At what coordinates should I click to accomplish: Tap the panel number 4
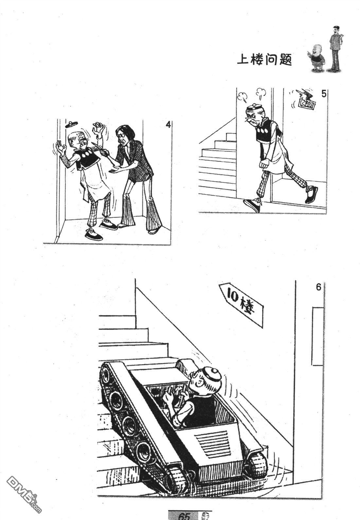(x=168, y=125)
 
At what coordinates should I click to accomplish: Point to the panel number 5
(x=323, y=94)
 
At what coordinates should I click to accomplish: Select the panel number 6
(x=318, y=287)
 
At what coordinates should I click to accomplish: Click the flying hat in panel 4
(x=71, y=124)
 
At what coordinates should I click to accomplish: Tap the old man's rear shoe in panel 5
(x=311, y=194)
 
